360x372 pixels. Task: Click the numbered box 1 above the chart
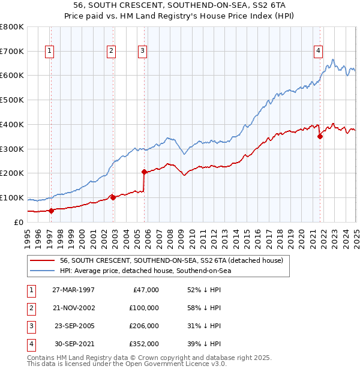point(49,51)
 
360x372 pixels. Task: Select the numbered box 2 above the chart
point(112,51)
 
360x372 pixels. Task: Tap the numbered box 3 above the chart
point(142,51)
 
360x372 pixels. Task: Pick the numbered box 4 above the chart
point(318,51)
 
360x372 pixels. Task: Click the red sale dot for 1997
point(51,211)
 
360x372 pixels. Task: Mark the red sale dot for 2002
point(113,197)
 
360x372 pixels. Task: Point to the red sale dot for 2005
point(145,172)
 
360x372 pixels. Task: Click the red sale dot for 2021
point(320,136)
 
